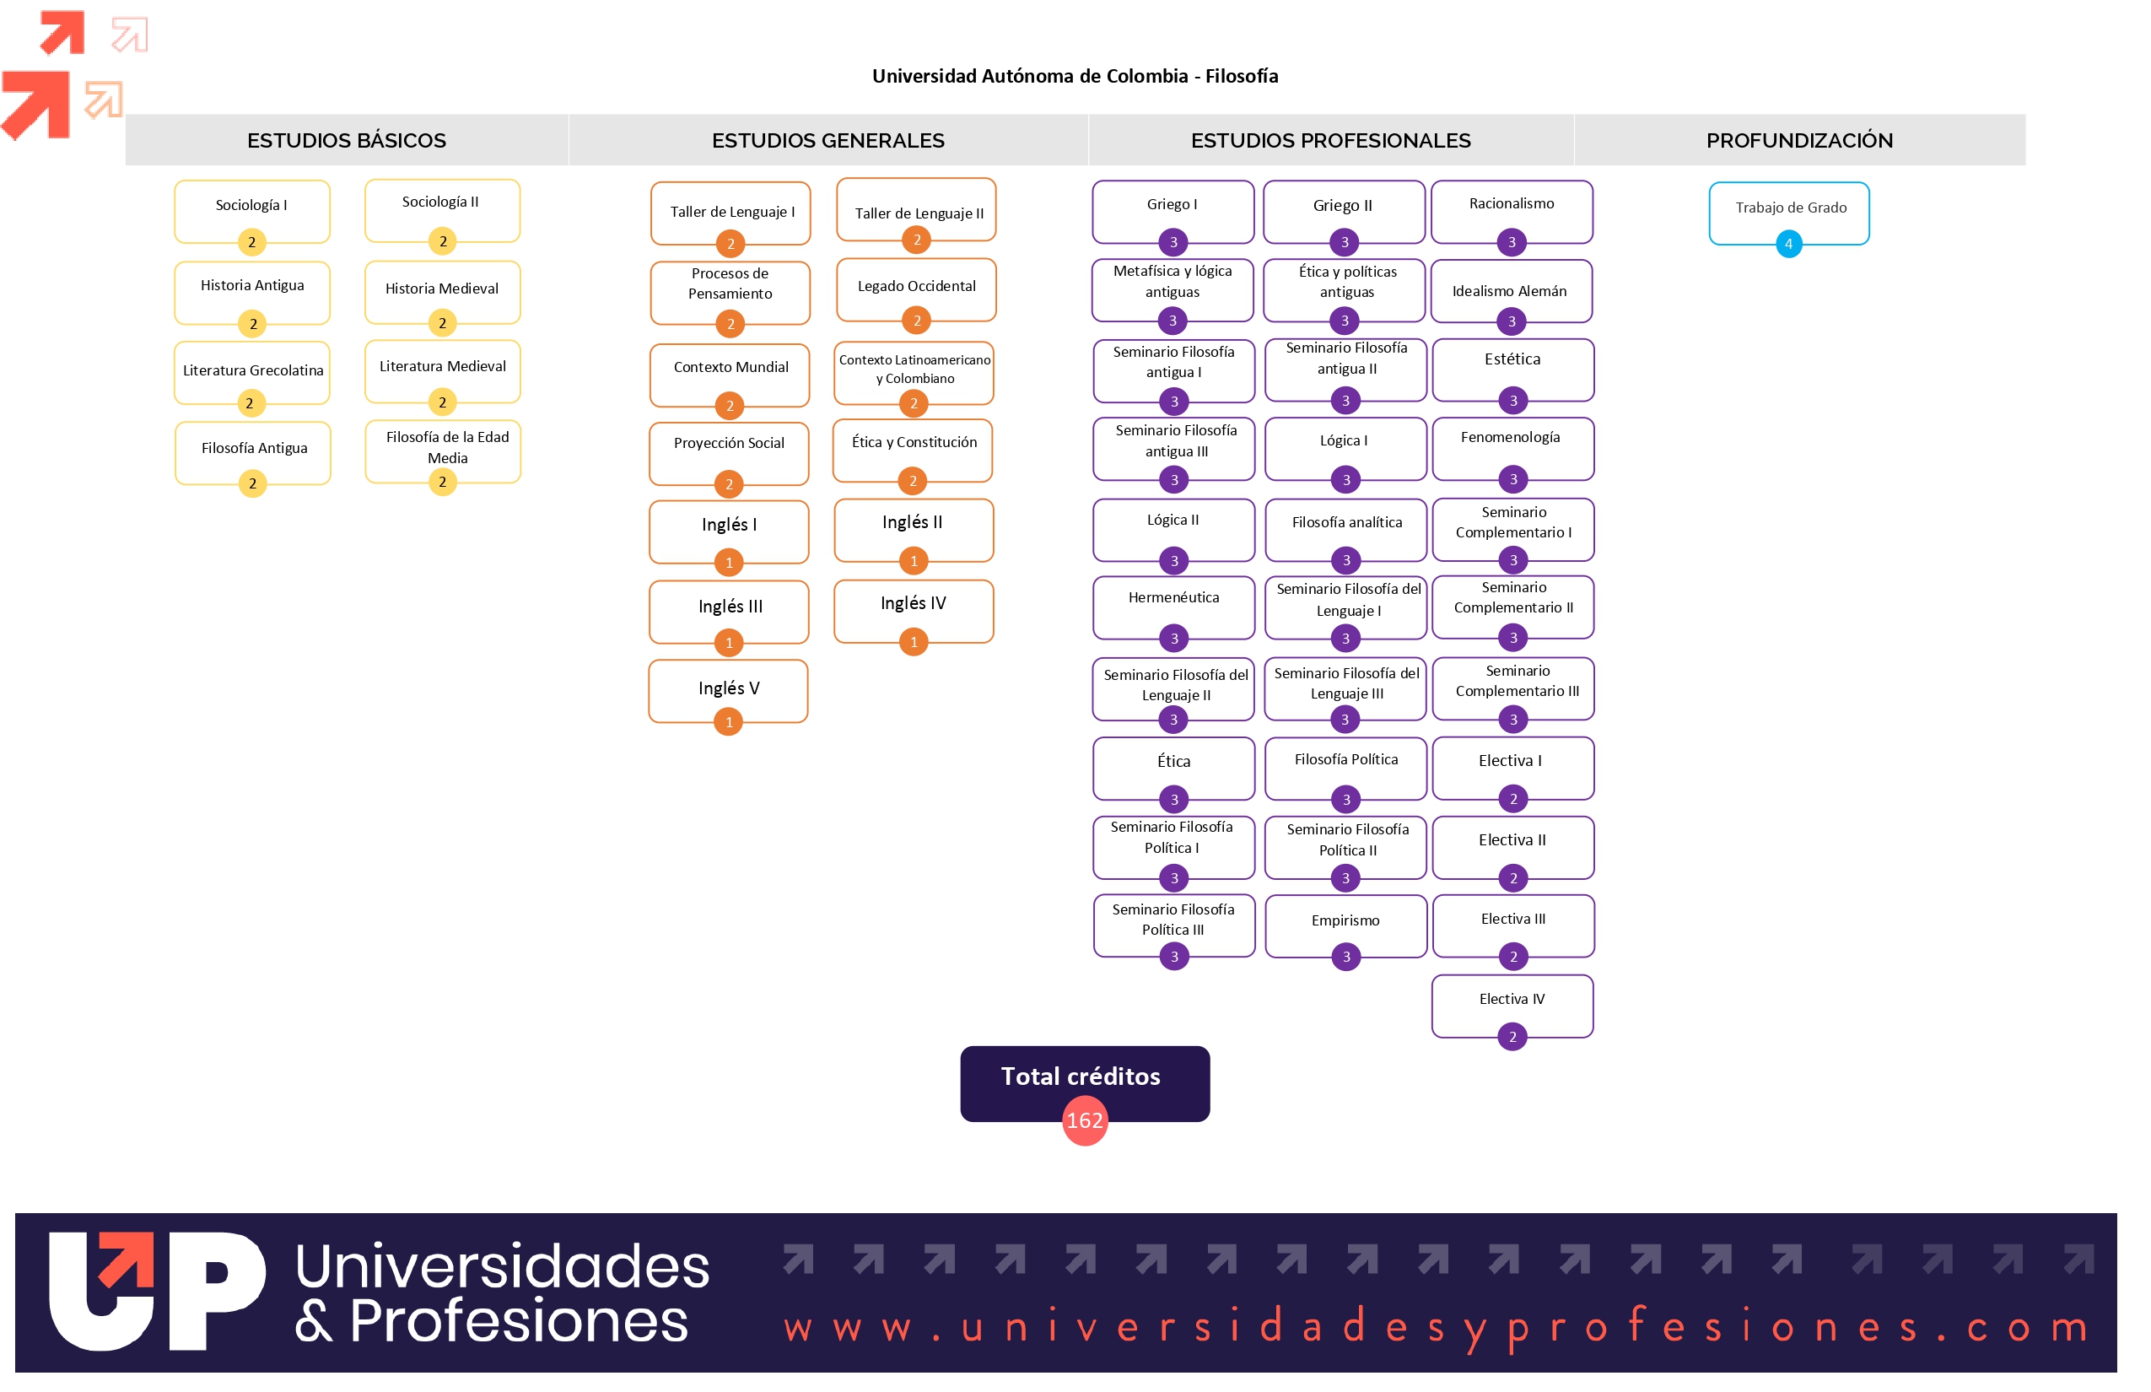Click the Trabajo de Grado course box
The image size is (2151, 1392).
[1788, 213]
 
